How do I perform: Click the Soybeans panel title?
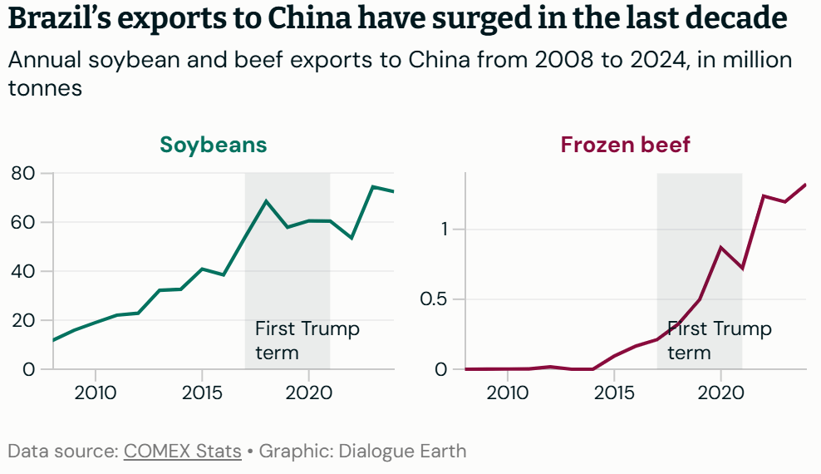point(214,145)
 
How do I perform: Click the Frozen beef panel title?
point(625,145)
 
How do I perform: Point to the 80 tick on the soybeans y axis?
point(22,173)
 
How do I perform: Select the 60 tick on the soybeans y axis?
point(22,222)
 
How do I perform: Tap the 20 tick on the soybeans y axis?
point(22,320)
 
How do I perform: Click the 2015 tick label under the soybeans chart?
point(202,391)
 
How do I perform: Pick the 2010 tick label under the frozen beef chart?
point(508,391)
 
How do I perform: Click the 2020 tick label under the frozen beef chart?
point(720,391)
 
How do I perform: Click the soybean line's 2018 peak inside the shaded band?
point(266,200)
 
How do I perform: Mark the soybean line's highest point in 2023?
point(372,186)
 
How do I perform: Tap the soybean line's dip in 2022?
point(352,239)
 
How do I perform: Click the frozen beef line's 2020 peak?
point(720,247)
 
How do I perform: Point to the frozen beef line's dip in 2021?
point(741,269)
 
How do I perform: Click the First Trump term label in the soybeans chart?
point(307,340)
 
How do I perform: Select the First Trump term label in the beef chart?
point(719,340)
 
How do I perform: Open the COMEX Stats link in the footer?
point(182,452)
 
